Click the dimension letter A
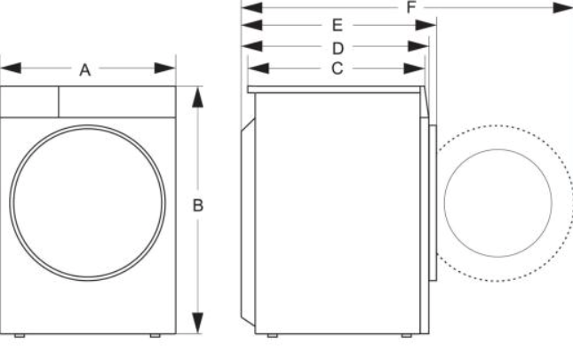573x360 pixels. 85,69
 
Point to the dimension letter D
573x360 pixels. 338,46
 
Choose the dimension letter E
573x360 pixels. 338,25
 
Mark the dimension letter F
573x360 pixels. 410,7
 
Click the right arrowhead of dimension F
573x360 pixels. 561,7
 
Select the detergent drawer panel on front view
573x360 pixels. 29,101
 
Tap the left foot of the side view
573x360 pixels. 272,337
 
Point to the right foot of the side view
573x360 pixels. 405,337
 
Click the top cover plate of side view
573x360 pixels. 338,89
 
